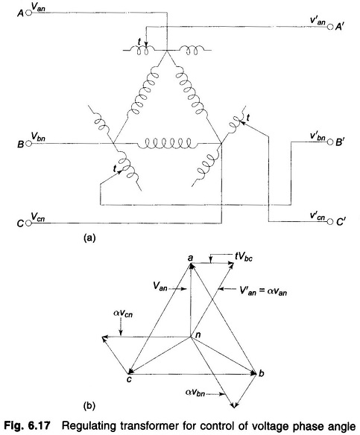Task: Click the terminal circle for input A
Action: point(28,13)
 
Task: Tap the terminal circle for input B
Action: point(28,144)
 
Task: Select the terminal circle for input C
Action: point(28,223)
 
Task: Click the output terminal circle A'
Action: point(330,27)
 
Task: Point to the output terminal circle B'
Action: point(330,142)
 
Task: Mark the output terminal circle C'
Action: point(330,222)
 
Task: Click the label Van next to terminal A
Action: point(38,7)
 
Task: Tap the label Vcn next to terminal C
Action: point(38,216)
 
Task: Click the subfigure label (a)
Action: point(89,238)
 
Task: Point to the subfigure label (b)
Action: point(89,406)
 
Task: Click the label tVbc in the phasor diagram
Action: point(244,257)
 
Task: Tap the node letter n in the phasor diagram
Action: point(198,335)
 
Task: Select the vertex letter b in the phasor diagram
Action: point(261,373)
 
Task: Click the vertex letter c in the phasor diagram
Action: point(129,379)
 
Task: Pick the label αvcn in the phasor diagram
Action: point(123,314)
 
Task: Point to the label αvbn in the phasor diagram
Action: point(195,393)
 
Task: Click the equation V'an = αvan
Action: point(263,290)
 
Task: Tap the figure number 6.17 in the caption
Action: point(39,425)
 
